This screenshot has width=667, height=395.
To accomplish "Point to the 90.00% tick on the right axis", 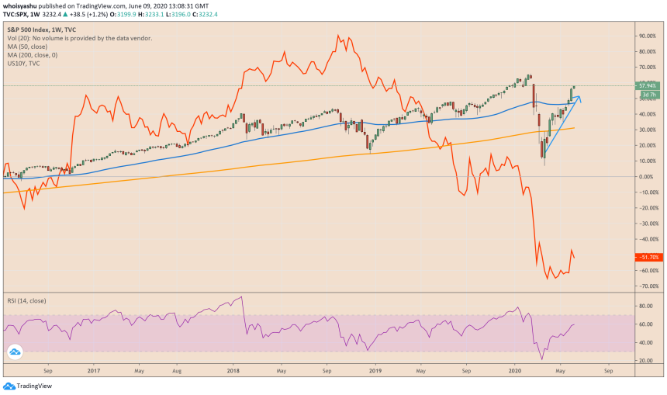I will pos(647,36).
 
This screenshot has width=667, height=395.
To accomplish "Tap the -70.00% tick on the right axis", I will pos(647,286).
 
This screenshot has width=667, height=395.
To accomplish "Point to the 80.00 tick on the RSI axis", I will pos(645,306).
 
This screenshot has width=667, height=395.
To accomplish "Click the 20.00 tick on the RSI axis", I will pos(645,361).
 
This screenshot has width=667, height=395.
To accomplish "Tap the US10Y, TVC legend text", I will pos(24,63).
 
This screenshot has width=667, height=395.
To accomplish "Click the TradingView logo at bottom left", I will pos(23,386).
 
